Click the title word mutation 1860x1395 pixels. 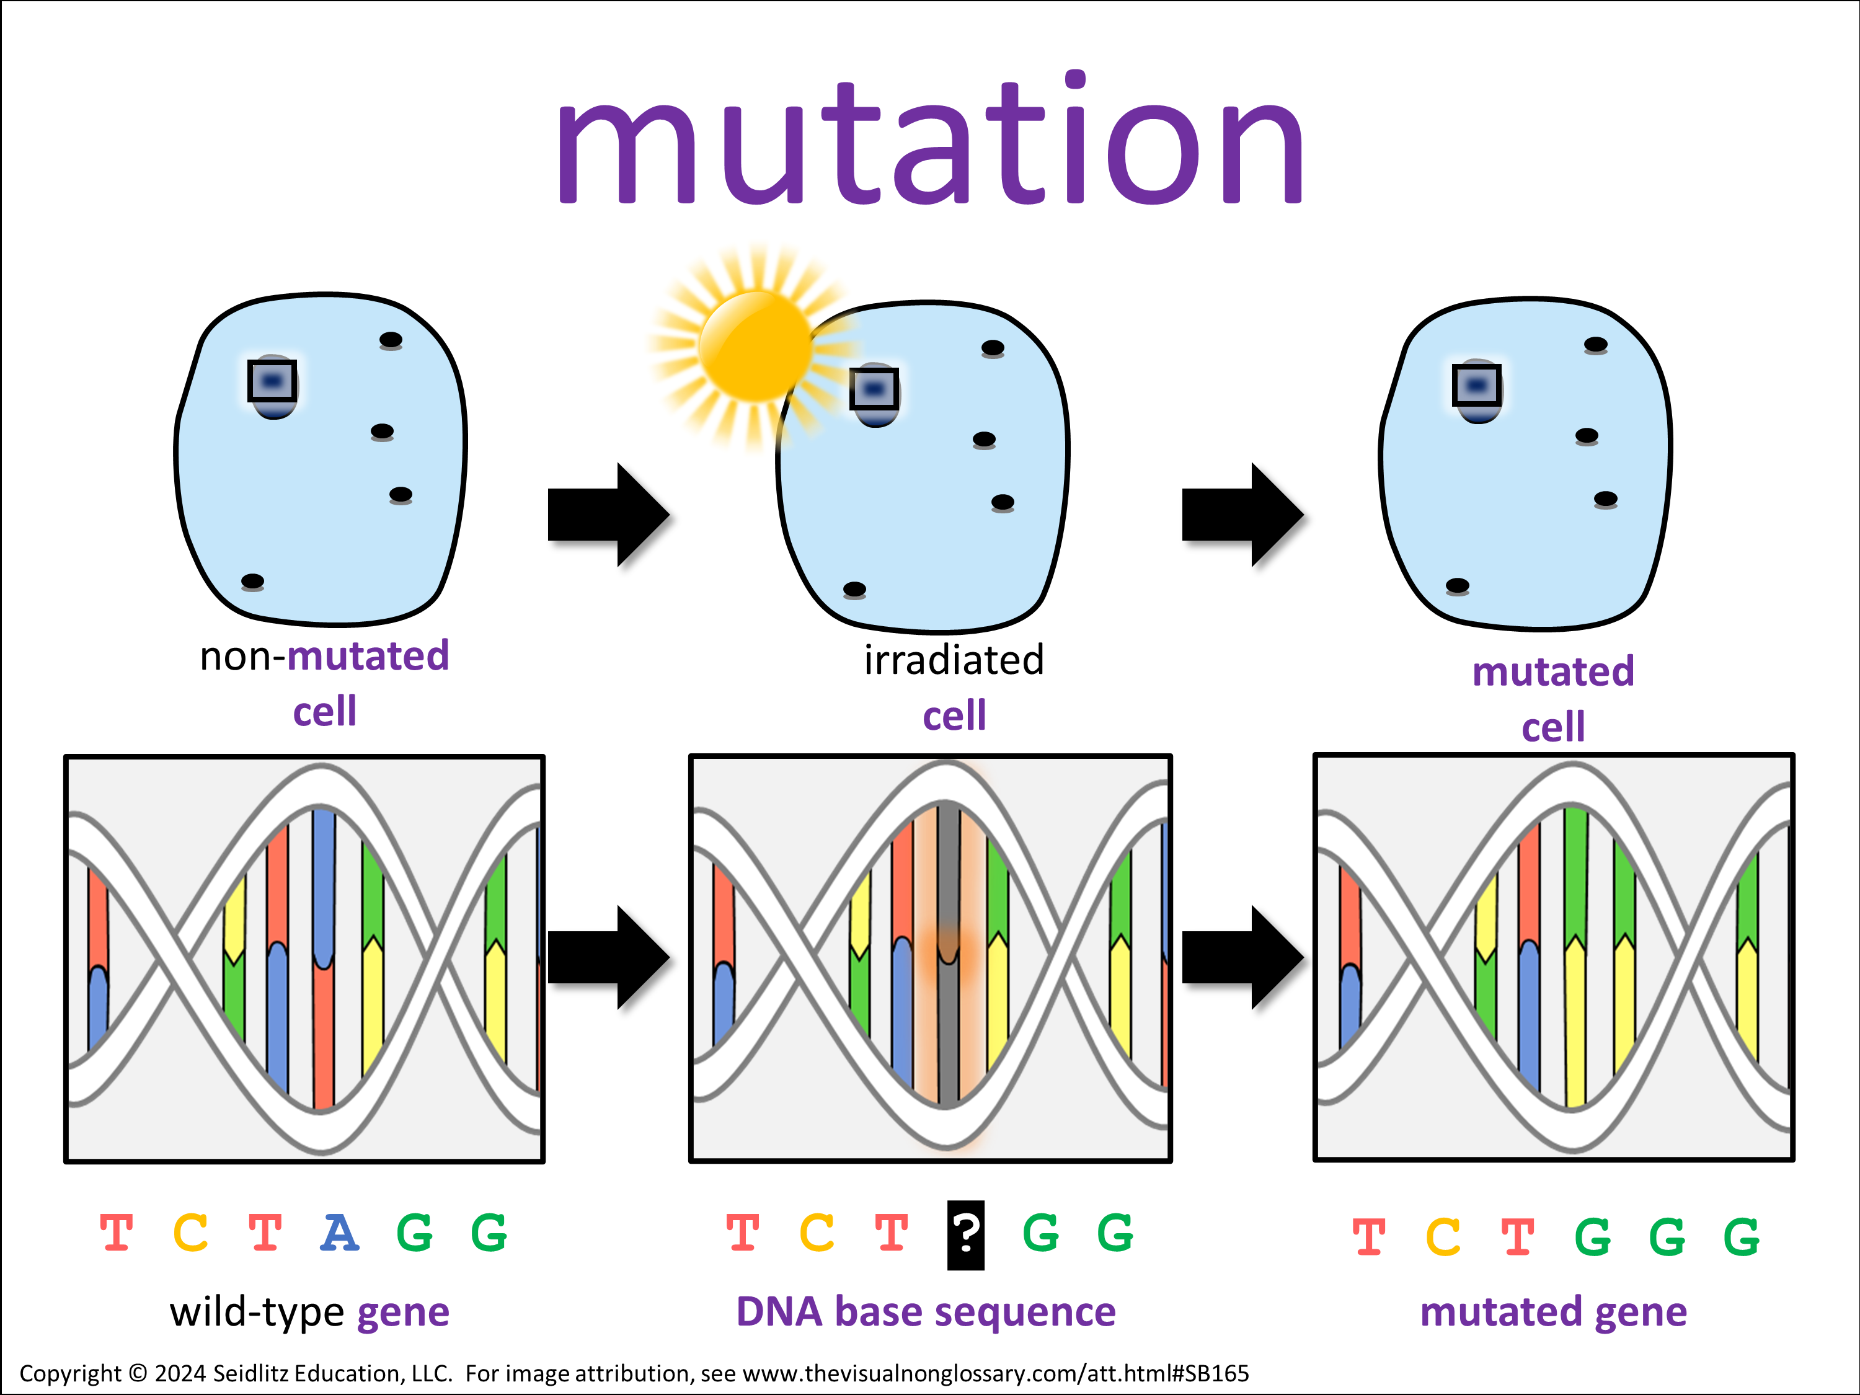pyautogui.click(x=929, y=143)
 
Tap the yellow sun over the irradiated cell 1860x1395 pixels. pyautogui.click(x=755, y=345)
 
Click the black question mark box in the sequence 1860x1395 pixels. pyautogui.click(x=965, y=1234)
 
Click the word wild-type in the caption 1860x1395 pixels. pyautogui.click(x=257, y=1312)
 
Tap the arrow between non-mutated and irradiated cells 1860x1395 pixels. pyautogui.click(x=607, y=514)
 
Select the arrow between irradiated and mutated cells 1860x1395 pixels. pyautogui.click(x=1241, y=514)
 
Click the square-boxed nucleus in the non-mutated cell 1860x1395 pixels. pyautogui.click(x=272, y=382)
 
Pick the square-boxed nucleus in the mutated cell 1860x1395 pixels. pyautogui.click(x=1477, y=387)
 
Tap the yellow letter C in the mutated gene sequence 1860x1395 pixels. pyautogui.click(x=1443, y=1237)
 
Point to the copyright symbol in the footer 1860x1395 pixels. pyautogui.click(x=138, y=1374)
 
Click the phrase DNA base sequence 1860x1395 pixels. pyautogui.click(x=926, y=1312)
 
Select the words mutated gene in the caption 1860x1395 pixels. pyautogui.click(x=1553, y=1312)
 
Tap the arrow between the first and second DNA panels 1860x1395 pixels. pyautogui.click(x=607, y=957)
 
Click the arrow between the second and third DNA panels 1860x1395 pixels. pyautogui.click(x=1241, y=957)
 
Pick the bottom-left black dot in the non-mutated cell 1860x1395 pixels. pyautogui.click(x=252, y=581)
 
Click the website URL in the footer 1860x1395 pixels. pyautogui.click(x=996, y=1374)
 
